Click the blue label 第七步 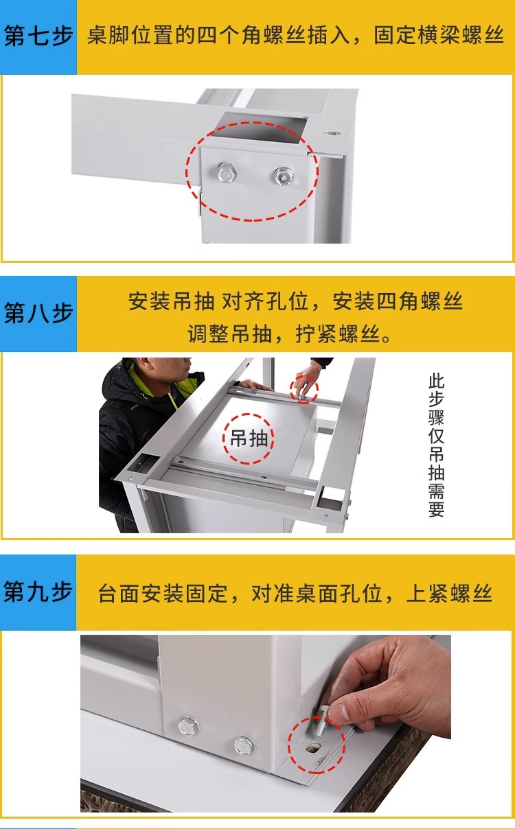pyautogui.click(x=38, y=36)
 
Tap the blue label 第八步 pyautogui.click(x=38, y=313)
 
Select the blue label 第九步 pyautogui.click(x=38, y=591)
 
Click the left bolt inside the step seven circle pyautogui.click(x=227, y=172)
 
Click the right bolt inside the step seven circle pyautogui.click(x=284, y=176)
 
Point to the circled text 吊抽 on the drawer pyautogui.click(x=249, y=439)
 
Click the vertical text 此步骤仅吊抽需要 pyautogui.click(x=436, y=445)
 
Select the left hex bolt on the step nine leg pyautogui.click(x=188, y=726)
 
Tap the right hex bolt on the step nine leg pyautogui.click(x=244, y=745)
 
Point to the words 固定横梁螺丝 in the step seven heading pyautogui.click(x=438, y=36)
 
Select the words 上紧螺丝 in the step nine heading pyautogui.click(x=449, y=593)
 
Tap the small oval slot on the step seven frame pyautogui.click(x=332, y=133)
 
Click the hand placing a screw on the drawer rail pyautogui.click(x=306, y=379)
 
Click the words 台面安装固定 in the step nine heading pyautogui.click(x=163, y=593)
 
